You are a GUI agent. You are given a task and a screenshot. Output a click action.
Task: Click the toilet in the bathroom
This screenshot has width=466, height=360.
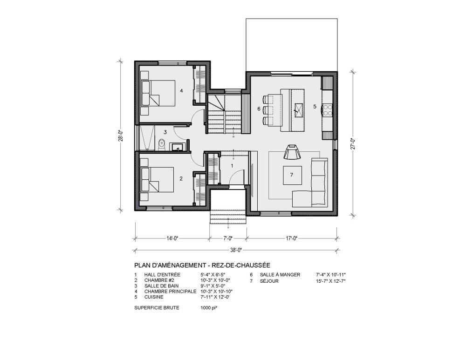coord(161,144)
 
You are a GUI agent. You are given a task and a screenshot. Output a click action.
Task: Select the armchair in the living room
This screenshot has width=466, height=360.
coord(293,153)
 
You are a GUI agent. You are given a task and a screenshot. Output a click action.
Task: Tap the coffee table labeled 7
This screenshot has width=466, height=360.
coord(291,175)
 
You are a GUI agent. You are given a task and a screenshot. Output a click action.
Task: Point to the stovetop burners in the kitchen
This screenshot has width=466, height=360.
coord(328,110)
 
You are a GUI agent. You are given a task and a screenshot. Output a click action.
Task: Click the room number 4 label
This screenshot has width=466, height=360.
coord(181,91)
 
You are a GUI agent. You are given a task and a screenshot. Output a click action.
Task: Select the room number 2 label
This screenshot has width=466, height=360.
coord(181,178)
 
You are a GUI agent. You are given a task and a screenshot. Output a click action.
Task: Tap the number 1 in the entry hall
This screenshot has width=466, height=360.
coord(232,165)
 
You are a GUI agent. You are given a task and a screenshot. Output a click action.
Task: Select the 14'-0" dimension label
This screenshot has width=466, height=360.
coord(172,238)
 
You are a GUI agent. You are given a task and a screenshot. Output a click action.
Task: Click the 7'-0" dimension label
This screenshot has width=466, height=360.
coord(228,238)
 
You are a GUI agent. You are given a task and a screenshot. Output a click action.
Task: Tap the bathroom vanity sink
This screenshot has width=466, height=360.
coord(177,148)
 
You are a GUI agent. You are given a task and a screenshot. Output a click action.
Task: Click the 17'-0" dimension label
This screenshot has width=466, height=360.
coord(292,238)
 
